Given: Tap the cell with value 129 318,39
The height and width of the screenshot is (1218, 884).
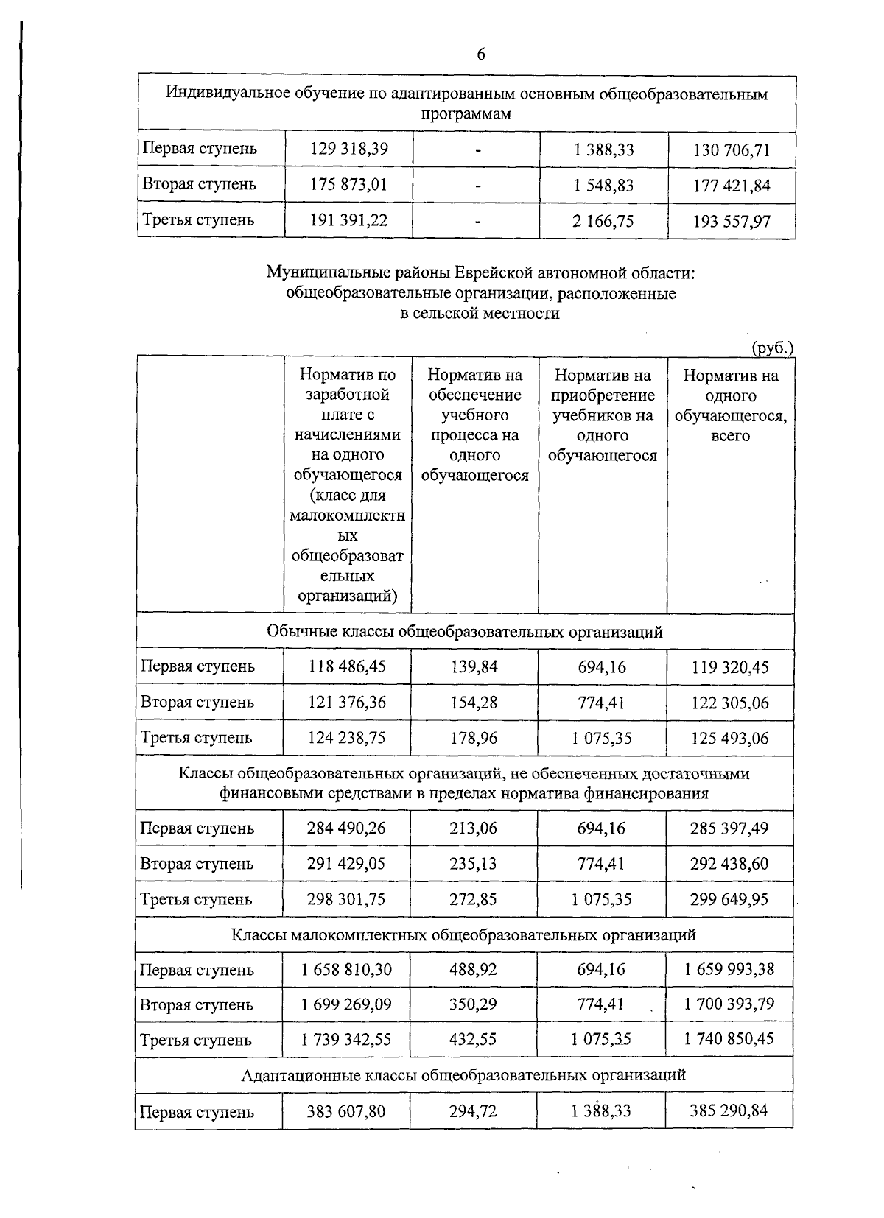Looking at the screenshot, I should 348,149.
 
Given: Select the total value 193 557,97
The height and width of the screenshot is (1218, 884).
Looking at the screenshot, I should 732,222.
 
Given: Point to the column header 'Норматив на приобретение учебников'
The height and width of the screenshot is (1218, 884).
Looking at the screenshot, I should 603,415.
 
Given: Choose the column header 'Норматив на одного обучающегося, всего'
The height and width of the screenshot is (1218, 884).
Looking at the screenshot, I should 731,405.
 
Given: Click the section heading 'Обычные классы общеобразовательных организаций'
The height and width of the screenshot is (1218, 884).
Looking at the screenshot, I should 465,632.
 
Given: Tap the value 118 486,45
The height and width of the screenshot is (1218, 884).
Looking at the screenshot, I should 347,666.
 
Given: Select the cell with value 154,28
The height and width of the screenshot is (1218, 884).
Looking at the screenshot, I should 474,703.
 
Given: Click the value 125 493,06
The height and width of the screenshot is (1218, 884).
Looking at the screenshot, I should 729,738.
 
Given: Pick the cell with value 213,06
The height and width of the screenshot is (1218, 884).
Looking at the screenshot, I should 474,828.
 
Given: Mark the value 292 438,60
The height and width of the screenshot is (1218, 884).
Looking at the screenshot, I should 729,864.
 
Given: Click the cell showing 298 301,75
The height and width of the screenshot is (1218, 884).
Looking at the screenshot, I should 346,899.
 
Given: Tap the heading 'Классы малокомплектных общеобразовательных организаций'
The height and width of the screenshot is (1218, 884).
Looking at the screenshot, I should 464,935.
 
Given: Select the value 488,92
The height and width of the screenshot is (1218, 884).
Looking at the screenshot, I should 474,969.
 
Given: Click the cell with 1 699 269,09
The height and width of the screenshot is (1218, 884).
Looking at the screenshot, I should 346,1004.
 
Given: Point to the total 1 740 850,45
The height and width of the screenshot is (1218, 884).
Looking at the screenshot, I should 729,1039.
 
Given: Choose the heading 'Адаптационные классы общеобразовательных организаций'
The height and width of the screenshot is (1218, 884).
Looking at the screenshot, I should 464,1074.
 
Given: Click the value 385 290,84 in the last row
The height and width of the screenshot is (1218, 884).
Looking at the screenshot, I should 729,1110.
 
